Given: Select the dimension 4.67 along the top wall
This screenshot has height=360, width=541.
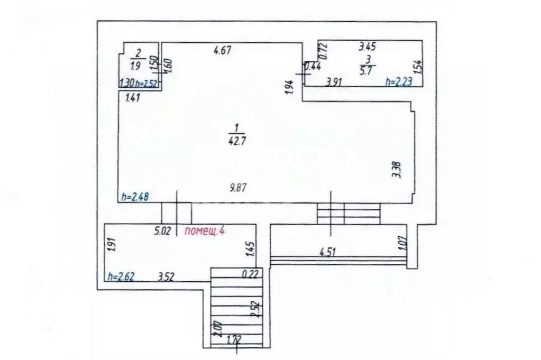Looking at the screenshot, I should tap(223, 51).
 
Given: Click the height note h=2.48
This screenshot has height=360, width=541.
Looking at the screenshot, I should tap(135, 197).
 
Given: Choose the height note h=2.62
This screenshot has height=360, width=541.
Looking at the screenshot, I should tap(121, 275).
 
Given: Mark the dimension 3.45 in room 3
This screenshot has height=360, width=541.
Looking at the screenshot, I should tap(368, 46).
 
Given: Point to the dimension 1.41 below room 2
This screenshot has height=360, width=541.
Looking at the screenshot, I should tap(133, 97).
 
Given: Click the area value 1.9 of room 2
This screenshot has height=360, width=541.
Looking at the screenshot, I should tap(135, 67).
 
